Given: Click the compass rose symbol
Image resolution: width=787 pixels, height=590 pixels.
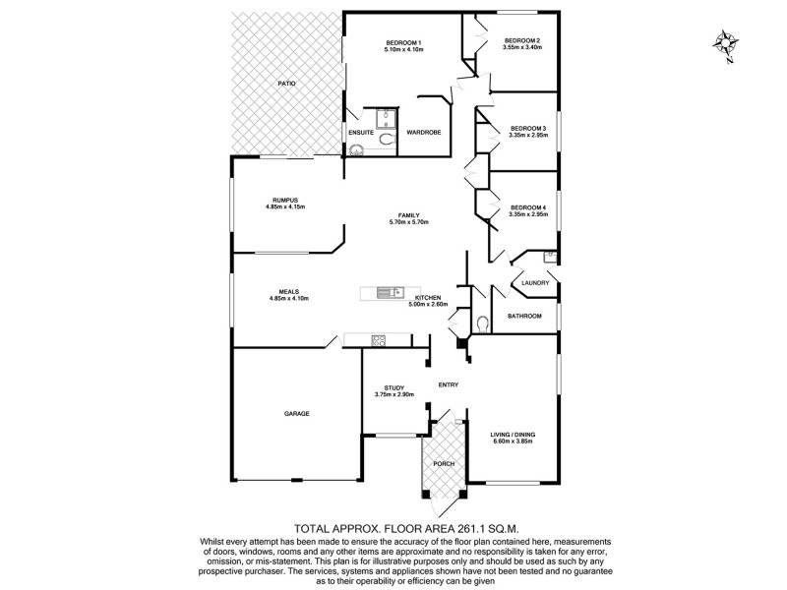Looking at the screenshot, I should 726,45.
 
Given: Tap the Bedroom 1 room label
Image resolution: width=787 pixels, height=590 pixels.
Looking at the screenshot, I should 403,41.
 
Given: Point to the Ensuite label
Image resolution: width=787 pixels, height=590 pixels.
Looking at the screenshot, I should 360,132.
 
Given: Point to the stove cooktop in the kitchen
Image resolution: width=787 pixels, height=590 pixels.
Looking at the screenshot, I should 378,340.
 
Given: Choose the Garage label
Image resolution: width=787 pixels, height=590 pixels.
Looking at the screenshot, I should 296,413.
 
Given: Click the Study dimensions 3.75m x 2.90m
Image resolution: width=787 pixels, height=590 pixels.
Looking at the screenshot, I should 394,394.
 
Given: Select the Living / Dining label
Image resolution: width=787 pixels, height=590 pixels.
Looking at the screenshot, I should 513,434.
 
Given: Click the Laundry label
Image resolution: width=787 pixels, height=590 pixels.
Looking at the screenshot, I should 535,283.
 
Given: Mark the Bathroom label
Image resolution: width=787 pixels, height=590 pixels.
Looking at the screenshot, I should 524,316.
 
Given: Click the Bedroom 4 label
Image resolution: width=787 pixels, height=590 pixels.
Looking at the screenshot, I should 528,206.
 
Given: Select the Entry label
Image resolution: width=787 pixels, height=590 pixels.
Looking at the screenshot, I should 449,384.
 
